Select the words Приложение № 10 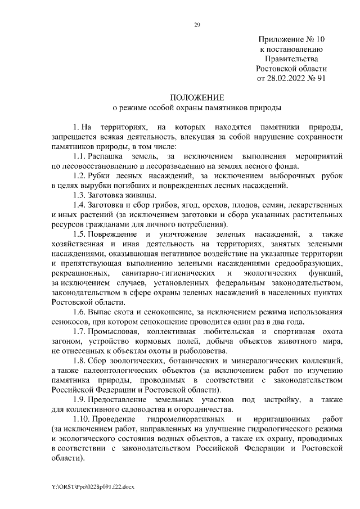tap(291, 40)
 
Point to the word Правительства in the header tap(291, 59)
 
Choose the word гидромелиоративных tap(184, 419)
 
